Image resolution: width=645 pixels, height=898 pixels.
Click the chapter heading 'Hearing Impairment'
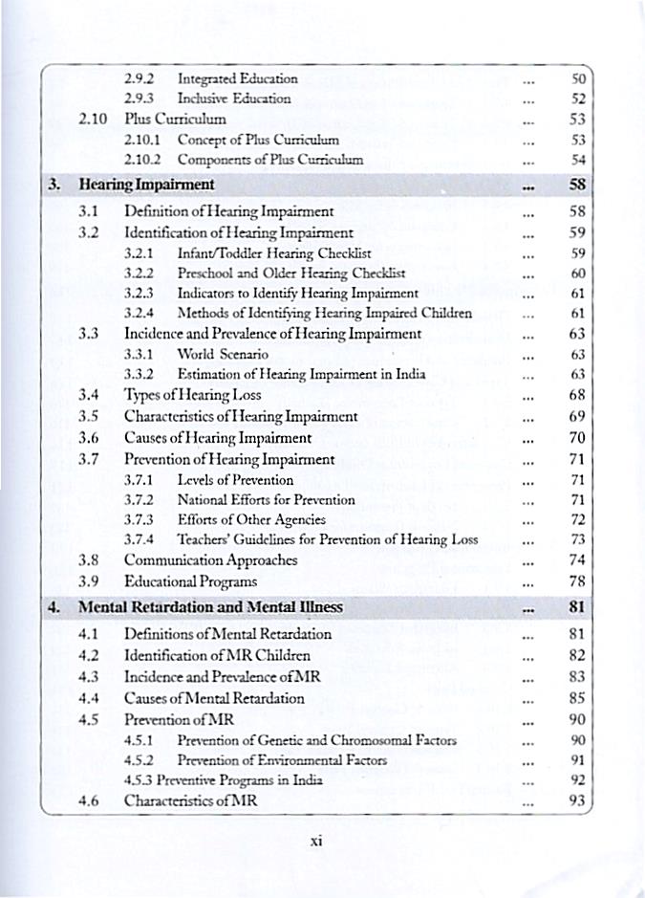(146, 184)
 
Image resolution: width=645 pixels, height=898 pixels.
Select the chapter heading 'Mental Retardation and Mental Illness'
(210, 607)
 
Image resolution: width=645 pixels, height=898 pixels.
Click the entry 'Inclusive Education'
(234, 99)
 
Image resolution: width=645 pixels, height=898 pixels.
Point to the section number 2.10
(92, 120)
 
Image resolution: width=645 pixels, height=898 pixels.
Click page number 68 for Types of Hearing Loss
(575, 394)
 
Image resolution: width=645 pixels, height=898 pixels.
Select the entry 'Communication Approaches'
(211, 560)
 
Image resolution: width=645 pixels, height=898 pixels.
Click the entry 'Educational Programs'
(190, 581)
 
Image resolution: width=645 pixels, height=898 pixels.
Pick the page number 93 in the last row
(575, 801)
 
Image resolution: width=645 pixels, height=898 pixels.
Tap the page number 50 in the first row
(577, 77)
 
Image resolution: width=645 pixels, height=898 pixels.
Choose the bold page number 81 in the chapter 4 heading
(575, 607)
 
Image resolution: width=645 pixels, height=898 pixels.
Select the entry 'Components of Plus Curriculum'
(270, 160)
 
